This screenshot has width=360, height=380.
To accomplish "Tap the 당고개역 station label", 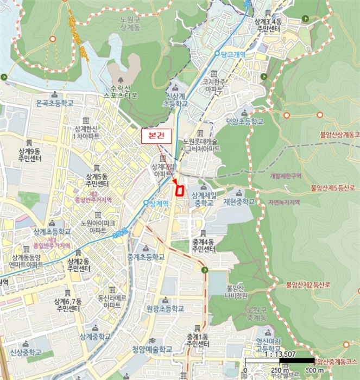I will [233, 54].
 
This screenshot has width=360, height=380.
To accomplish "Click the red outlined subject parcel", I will [178, 189].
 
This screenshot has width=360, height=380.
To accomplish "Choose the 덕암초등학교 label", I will [245, 122].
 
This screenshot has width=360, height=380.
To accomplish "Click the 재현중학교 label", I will [238, 201].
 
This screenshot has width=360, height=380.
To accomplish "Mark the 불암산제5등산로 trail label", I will [334, 188].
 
